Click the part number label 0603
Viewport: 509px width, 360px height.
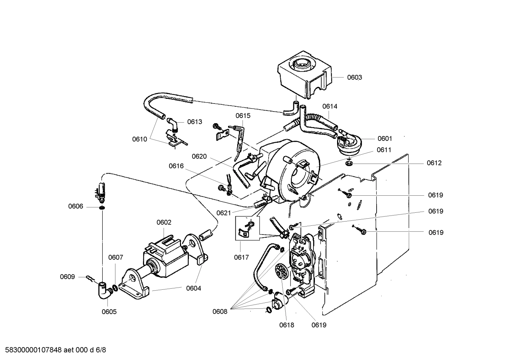[354, 77]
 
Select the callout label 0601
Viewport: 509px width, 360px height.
[384, 138]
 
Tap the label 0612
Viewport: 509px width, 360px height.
[434, 163]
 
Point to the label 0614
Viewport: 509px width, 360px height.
[330, 106]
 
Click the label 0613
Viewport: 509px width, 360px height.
[194, 122]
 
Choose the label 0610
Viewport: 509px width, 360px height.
[139, 139]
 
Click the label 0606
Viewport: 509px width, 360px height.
[76, 206]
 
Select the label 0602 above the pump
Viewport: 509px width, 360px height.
[164, 222]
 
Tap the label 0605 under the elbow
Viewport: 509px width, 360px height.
[109, 312]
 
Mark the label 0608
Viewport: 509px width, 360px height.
[220, 311]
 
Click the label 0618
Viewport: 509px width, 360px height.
[287, 325]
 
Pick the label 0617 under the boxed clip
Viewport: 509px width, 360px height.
[241, 258]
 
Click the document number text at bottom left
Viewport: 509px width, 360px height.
[53, 350]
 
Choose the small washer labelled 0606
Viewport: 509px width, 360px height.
[102, 207]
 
